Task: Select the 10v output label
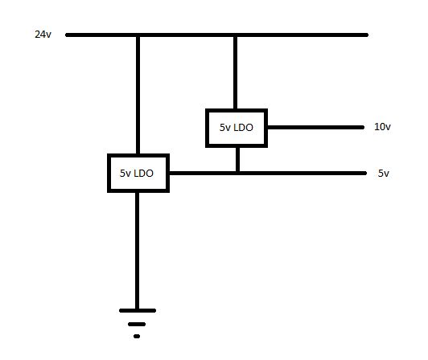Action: point(382,127)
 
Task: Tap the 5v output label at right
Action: point(383,174)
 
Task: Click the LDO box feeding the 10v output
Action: point(237,127)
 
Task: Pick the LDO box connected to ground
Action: point(138,174)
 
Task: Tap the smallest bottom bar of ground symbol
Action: point(138,336)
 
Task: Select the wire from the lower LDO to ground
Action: point(138,249)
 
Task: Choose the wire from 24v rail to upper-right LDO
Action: point(235,72)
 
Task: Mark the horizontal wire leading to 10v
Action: point(317,127)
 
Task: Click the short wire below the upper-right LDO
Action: point(237,159)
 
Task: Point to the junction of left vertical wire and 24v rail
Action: point(138,35)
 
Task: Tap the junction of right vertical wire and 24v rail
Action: point(235,35)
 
